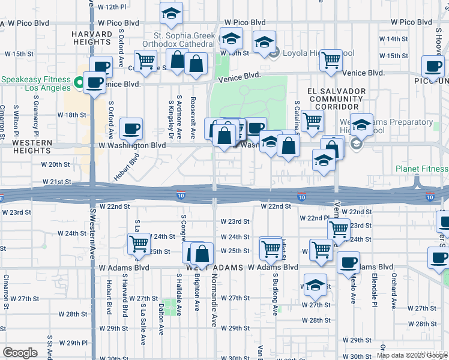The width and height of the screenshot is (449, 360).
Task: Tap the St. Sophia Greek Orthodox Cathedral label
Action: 179,39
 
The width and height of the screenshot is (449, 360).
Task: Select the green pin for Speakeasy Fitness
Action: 79,80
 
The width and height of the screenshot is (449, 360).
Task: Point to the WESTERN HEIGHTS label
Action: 26,149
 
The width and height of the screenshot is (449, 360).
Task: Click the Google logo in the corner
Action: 20,353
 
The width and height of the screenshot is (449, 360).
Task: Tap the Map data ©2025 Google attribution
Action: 411,355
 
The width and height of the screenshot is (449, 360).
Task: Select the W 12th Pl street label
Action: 113,7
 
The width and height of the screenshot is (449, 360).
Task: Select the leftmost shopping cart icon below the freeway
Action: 139,244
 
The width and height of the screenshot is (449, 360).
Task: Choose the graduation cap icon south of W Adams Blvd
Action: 315,286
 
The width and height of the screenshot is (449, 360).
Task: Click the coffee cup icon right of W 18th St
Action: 131,128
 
